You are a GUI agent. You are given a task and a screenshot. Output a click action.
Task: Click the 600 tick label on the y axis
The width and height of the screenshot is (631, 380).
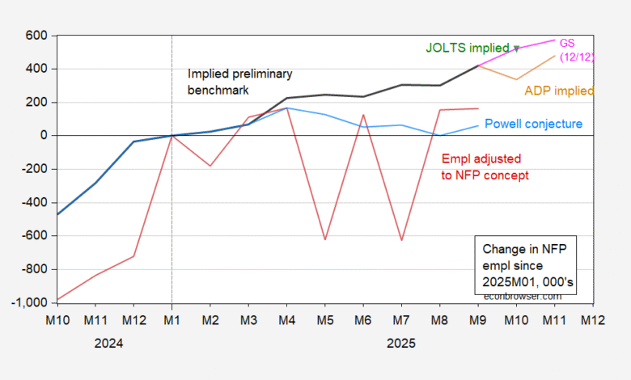tap(36, 36)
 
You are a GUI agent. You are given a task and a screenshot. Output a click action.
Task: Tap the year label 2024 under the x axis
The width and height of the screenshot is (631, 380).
tap(109, 343)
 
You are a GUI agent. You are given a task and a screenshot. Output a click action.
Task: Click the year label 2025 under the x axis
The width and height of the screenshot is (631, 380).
tap(401, 343)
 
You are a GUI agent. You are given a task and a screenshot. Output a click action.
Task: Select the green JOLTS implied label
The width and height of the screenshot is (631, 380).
tap(468, 48)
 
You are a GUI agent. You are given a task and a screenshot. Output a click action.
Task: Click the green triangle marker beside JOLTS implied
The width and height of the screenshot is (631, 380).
tap(516, 49)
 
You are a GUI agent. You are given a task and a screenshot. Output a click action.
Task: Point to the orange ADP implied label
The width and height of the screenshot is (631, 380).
tap(559, 91)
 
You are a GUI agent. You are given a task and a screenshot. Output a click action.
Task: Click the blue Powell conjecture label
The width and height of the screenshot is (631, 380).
tap(533, 124)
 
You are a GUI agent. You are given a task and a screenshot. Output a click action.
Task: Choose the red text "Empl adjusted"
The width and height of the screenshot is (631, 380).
tap(481, 158)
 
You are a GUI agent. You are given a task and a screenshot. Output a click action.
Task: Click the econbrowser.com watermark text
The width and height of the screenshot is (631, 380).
tap(522, 296)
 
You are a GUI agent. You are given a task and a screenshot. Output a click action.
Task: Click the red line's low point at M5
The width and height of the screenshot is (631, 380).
tap(324, 239)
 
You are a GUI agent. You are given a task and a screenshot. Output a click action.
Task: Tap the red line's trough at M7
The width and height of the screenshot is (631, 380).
tap(401, 240)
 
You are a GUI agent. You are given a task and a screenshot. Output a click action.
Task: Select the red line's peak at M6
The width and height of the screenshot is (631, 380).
tap(363, 115)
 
